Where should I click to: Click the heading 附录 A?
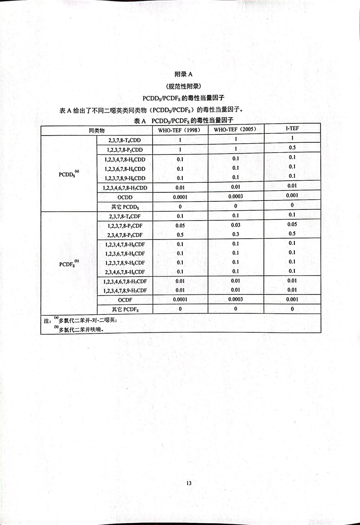coord(183,74)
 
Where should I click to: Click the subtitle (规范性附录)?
coord(183,86)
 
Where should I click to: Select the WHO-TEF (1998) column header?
coord(180,130)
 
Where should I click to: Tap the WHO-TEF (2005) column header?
coord(235,130)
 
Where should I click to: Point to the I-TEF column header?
coord(292,129)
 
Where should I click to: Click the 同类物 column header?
coord(96,130)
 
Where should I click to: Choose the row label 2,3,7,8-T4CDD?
coord(125,140)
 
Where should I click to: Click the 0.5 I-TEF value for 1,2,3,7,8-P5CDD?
coord(292,148)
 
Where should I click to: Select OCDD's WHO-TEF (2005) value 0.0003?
coord(235,196)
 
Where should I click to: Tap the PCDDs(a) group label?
coord(69,173)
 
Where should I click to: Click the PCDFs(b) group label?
coord(69,262)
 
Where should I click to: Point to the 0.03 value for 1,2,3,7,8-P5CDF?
coord(235,225)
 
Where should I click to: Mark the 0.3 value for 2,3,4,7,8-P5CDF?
coord(235,234)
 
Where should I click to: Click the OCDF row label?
coord(125,300)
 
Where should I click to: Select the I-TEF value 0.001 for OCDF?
coord(292,299)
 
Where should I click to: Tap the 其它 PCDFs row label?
coord(125,309)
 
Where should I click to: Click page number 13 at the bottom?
coord(189,483)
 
